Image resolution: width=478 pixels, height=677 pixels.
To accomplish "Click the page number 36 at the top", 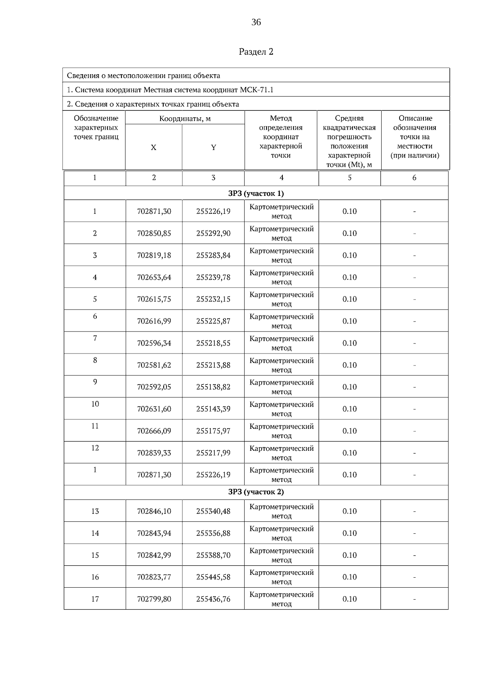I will click(x=256, y=22).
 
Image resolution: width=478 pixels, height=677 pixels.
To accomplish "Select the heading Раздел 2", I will click(x=256, y=52).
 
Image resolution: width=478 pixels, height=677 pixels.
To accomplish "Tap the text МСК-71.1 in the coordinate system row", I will click(x=257, y=90).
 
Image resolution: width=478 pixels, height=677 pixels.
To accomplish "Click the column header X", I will click(x=153, y=148).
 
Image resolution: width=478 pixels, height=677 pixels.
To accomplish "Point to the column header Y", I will click(x=214, y=148).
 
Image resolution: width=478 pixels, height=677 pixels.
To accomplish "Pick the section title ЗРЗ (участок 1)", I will click(x=256, y=193).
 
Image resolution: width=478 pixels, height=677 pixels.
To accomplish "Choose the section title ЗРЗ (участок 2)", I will click(x=256, y=492).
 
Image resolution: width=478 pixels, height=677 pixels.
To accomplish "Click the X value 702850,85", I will click(x=154, y=233).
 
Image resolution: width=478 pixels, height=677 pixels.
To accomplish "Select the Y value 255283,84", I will click(x=213, y=255).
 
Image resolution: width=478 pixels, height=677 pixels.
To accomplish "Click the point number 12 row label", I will click(x=95, y=448).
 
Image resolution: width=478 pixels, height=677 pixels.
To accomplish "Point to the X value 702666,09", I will click(x=154, y=431).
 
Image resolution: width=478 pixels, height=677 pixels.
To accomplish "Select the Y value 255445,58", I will click(x=213, y=577).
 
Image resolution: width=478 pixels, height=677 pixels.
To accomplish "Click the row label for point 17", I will click(x=95, y=599).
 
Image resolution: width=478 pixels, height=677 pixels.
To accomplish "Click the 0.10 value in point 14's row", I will click(x=349, y=533).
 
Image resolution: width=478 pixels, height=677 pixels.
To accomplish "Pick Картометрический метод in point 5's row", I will click(x=282, y=299).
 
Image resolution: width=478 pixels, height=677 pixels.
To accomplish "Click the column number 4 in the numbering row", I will click(x=282, y=178).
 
